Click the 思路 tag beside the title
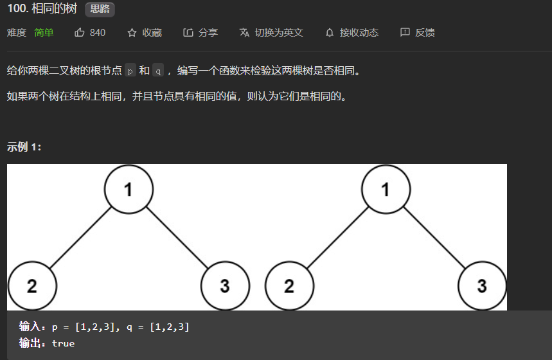[100, 10]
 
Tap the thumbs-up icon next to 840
[80, 32]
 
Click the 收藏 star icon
[132, 32]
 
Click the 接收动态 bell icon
[330, 32]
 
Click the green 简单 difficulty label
[44, 32]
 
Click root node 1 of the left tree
[129, 190]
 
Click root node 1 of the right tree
[386, 190]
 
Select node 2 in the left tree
[32, 285]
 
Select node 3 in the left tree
[225, 285]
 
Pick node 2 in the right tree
[289, 285]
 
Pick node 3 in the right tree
[482, 285]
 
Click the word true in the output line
[63, 343]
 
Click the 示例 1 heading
[24, 147]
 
